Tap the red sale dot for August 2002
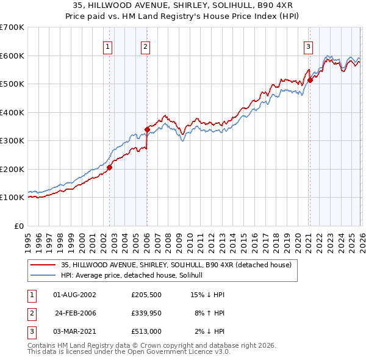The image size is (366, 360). pyautogui.click(x=109, y=167)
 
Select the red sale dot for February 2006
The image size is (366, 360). pyautogui.click(x=147, y=129)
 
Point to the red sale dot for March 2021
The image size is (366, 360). pyautogui.click(x=310, y=80)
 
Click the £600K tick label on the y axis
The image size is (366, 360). pyautogui.click(x=12, y=56)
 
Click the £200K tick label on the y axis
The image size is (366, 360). pyautogui.click(x=12, y=169)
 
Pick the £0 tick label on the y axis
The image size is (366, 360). pyautogui.click(x=19, y=226)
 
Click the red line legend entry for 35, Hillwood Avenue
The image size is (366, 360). pyautogui.click(x=176, y=265)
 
